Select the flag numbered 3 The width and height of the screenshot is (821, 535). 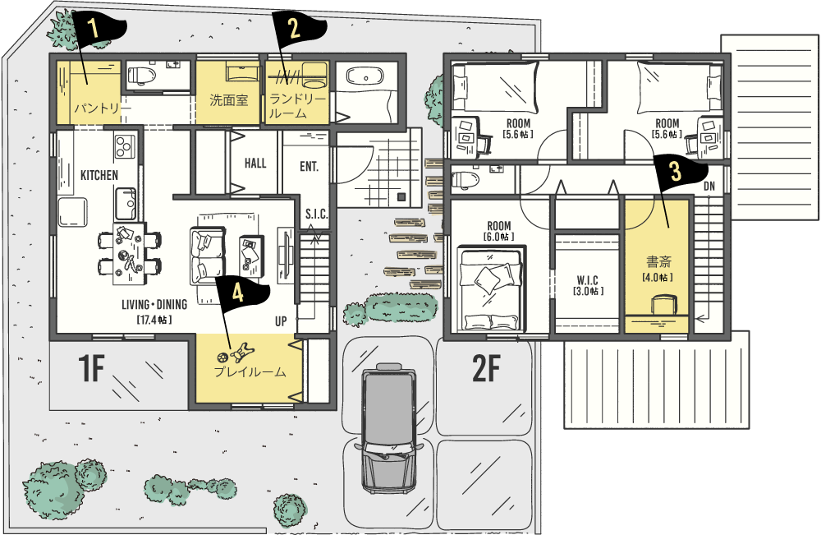(x=679, y=173)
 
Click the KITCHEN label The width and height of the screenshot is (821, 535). (x=99, y=175)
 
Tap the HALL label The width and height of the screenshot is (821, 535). (x=255, y=164)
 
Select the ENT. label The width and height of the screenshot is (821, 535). (x=309, y=167)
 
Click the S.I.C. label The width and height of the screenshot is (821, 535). (x=317, y=214)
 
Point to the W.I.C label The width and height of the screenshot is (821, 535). (x=588, y=280)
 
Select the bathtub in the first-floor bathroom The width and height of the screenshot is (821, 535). (x=366, y=77)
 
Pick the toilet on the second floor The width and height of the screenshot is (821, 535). (x=466, y=179)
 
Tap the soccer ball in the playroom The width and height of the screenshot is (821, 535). (x=222, y=357)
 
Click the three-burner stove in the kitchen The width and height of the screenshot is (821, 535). (x=125, y=147)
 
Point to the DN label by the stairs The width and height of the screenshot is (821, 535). (x=709, y=186)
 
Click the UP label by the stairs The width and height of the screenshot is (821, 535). (x=281, y=321)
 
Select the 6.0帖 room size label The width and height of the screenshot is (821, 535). (x=498, y=237)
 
